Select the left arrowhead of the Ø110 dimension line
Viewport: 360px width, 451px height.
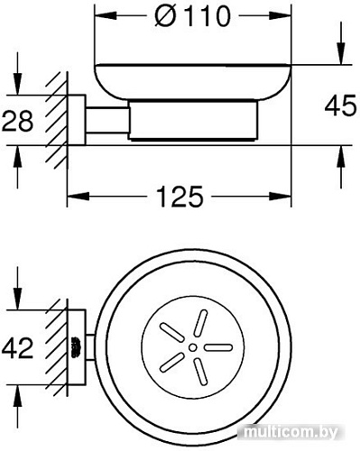click(100, 16)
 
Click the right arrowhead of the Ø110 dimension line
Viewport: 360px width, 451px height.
click(286, 16)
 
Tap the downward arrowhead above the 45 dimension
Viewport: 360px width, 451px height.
click(340, 56)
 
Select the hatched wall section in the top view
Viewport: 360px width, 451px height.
click(60, 344)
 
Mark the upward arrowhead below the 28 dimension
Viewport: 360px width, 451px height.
click(16, 155)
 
